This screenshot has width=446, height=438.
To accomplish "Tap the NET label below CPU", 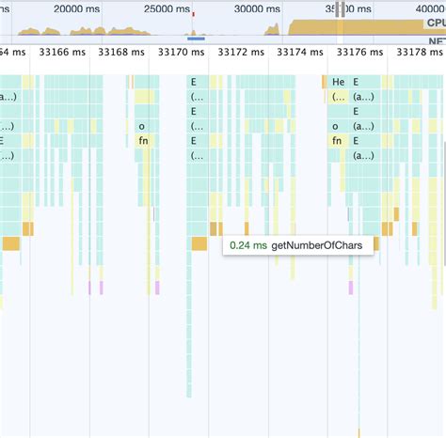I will point(436,41).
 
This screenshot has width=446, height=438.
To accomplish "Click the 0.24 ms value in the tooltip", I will point(248,244).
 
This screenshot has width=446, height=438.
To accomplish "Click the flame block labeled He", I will point(338,82).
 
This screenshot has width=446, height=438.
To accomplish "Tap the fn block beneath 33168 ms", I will point(143,140).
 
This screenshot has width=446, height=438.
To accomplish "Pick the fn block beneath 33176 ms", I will point(337,140).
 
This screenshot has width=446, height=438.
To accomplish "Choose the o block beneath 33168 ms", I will point(142,125).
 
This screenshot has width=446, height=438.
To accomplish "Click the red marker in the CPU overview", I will point(193,16).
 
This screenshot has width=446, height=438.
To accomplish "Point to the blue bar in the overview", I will point(196,39).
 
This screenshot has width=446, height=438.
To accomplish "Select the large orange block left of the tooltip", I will point(199,243).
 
